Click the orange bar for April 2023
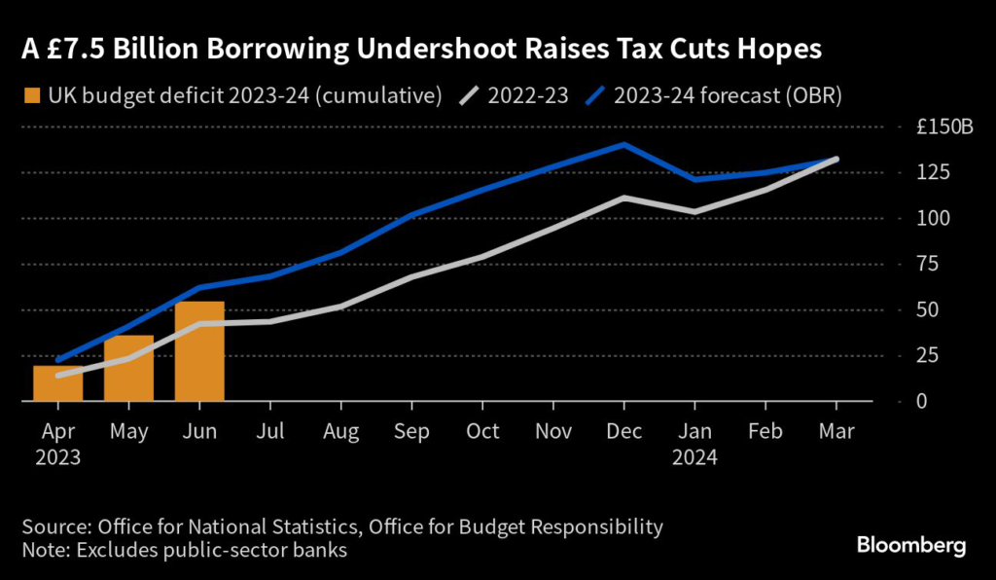(57, 383)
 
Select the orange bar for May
(128, 369)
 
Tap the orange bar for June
(199, 351)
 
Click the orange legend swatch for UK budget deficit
(32, 96)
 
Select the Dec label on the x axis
(623, 431)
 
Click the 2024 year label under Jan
(694, 455)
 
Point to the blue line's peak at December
(623, 145)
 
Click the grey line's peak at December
(623, 198)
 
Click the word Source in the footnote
(54, 527)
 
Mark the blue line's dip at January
(694, 179)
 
